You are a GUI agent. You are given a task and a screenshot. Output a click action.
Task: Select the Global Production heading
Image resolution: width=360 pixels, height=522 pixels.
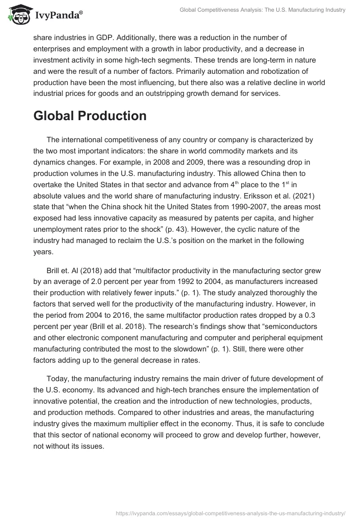(90, 116)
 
